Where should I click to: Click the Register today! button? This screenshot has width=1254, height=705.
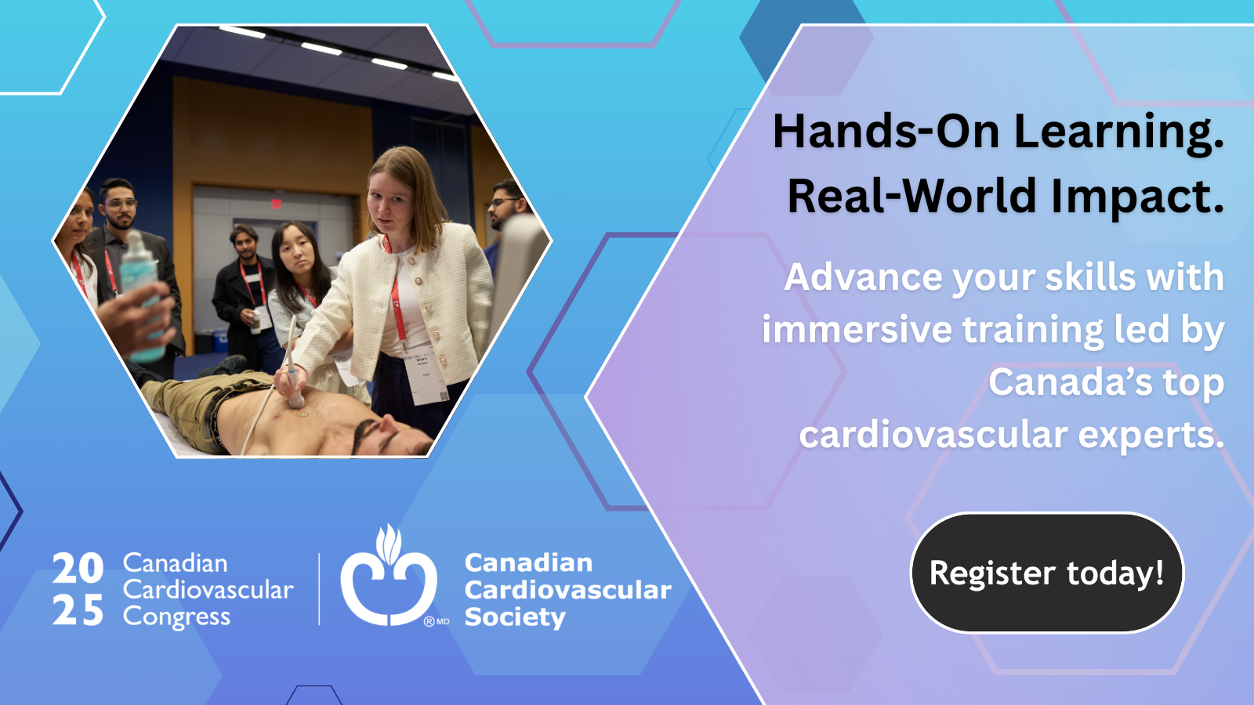click(1047, 573)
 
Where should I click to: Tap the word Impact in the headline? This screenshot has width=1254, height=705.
click(1130, 197)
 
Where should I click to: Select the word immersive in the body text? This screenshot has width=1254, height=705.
click(857, 329)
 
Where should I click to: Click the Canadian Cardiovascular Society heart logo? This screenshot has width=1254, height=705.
click(389, 577)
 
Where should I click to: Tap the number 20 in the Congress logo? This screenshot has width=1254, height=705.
click(78, 568)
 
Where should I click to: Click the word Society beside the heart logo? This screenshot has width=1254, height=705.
click(515, 618)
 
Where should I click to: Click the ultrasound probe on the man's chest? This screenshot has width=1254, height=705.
click(293, 381)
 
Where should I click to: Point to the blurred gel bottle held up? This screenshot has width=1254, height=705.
click(143, 297)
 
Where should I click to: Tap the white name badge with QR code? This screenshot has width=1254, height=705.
click(426, 375)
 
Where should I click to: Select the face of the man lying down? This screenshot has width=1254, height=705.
click(392, 436)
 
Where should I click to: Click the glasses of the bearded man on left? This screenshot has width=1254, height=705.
click(121, 203)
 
